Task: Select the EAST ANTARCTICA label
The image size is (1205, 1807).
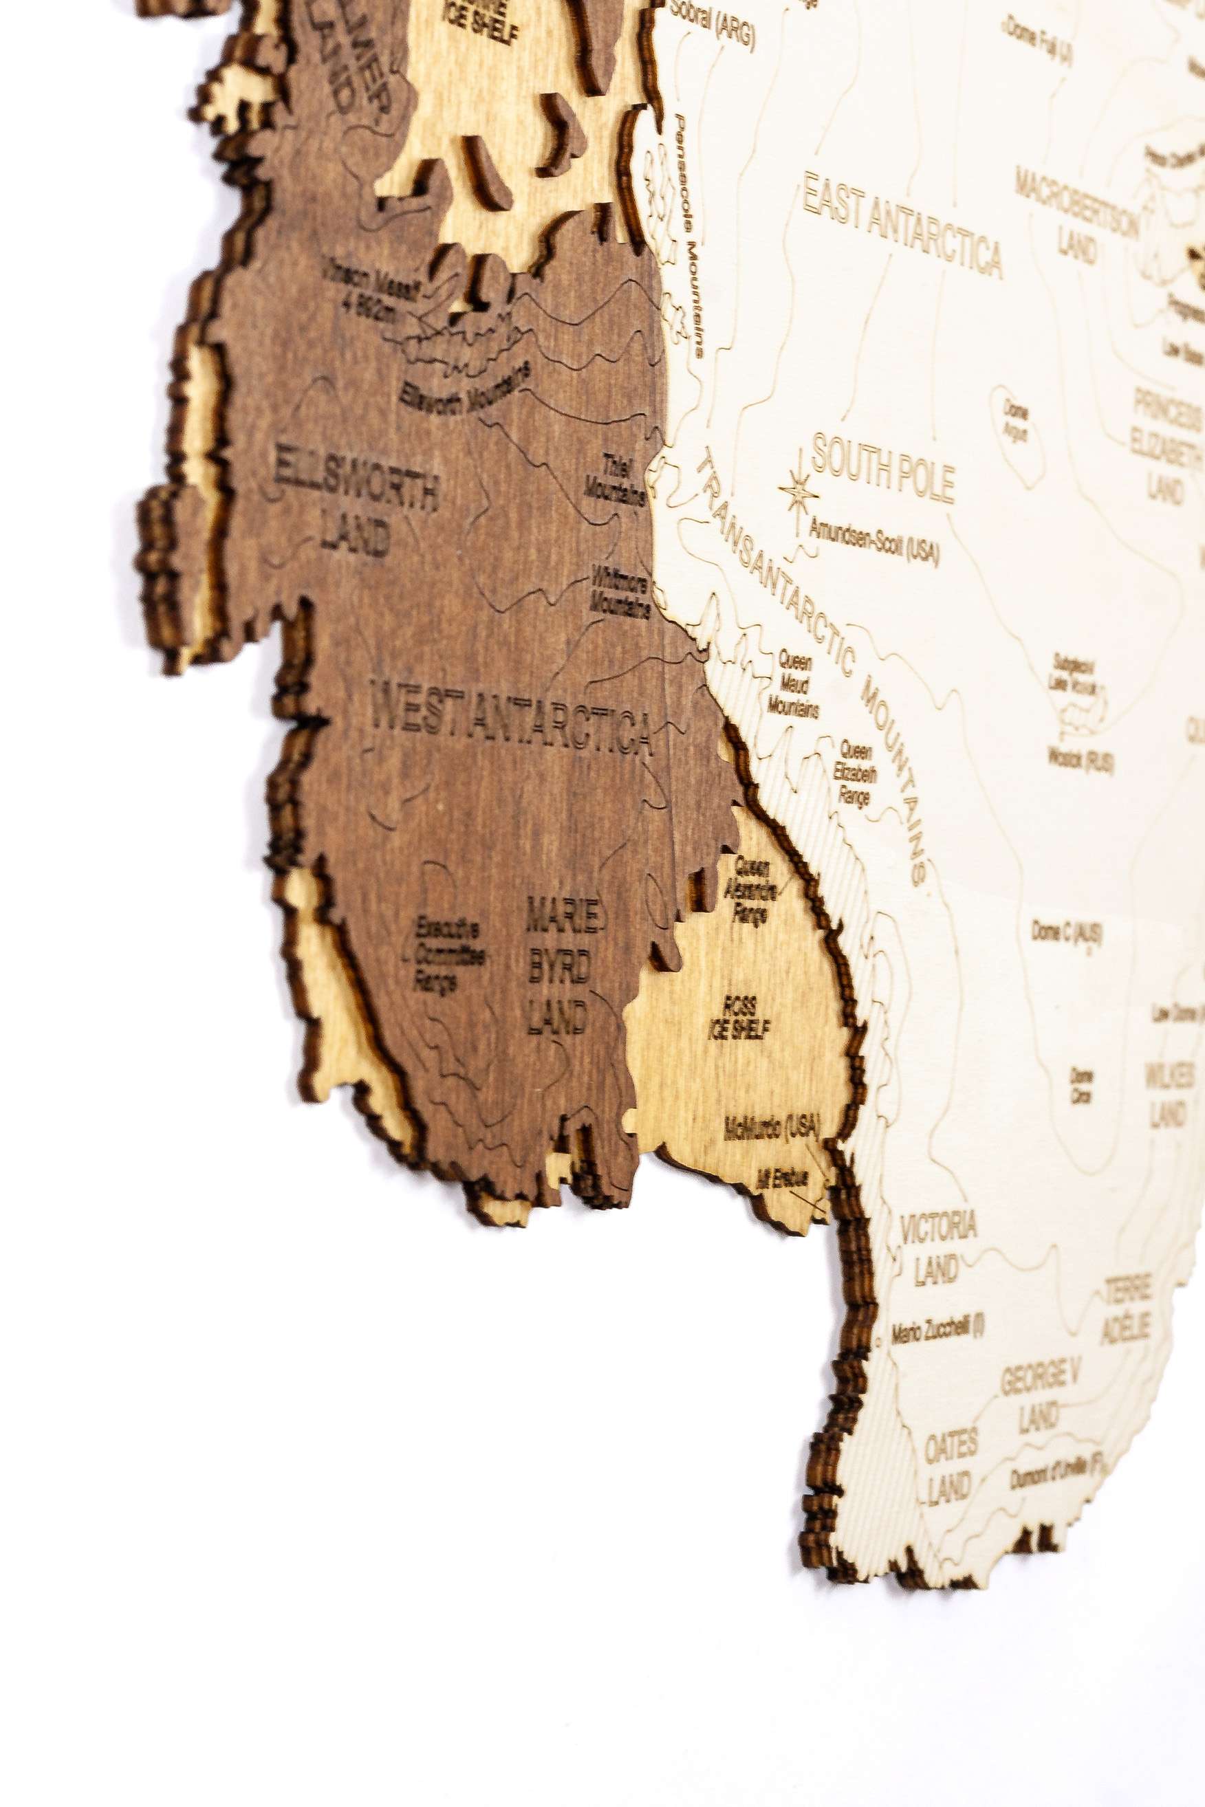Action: (902, 223)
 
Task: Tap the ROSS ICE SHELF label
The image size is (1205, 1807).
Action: (739, 1018)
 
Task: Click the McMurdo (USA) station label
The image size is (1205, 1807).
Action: (772, 1128)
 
